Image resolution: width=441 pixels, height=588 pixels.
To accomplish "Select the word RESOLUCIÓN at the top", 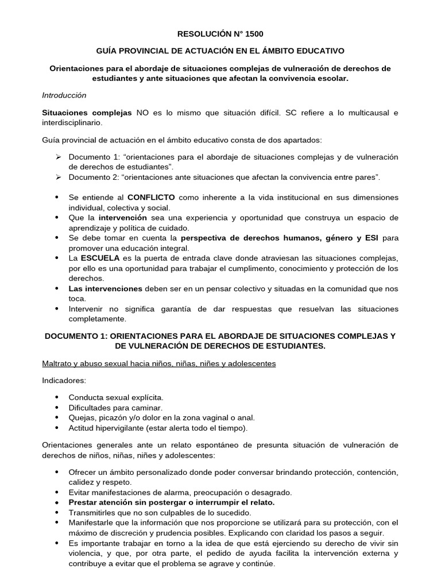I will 204,34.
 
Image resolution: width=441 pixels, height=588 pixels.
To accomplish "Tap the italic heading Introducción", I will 64,95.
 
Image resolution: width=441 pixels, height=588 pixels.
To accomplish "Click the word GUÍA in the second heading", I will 109,51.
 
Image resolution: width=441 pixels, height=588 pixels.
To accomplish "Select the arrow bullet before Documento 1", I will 57,157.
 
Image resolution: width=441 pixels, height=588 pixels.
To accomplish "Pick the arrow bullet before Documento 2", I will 57,177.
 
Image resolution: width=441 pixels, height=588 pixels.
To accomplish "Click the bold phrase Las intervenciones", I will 105,288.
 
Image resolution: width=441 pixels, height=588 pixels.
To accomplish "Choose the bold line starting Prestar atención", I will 172,502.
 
